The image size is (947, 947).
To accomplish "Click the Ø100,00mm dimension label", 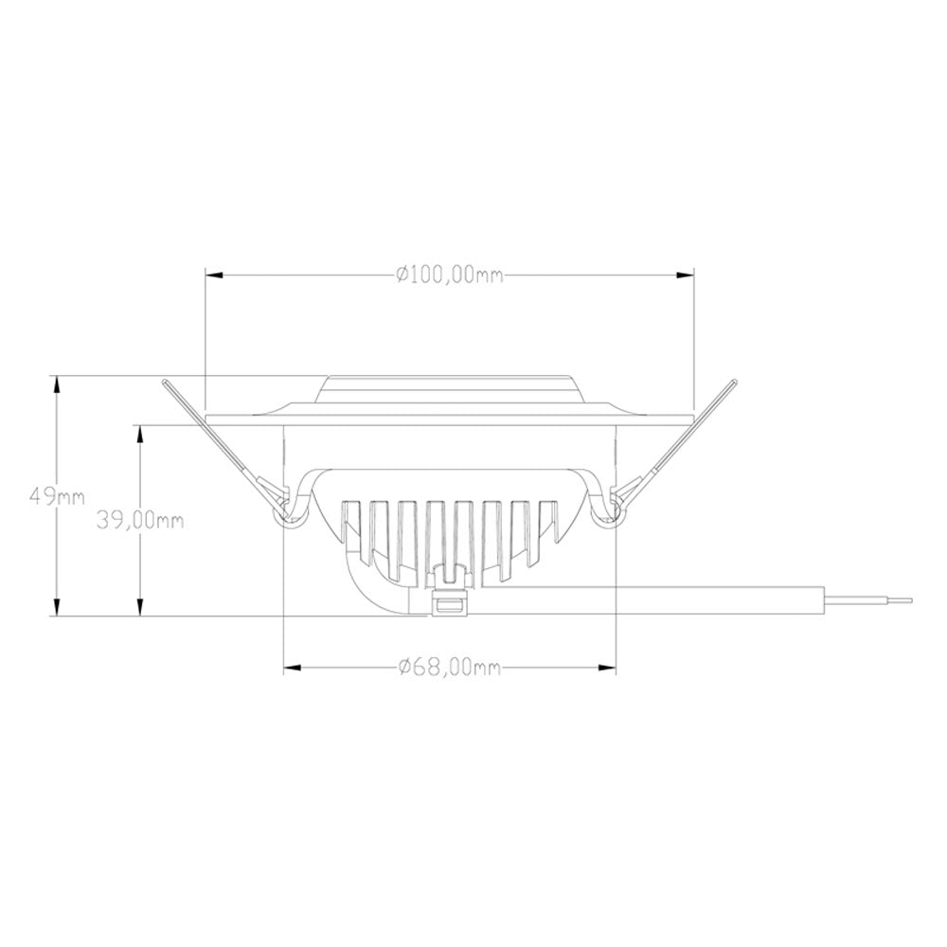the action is point(449,275).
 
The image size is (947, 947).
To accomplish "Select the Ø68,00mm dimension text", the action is point(450,668).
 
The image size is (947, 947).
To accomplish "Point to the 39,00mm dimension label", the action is point(140,520).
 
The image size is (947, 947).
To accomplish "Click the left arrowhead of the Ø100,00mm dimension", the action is point(214,276).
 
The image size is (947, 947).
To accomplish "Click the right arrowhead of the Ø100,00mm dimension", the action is point(685,276).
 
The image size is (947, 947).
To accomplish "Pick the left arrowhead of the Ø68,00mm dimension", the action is point(293,668).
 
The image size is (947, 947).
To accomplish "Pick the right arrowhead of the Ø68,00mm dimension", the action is point(607,668).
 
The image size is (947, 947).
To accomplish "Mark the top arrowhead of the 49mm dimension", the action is point(58,384).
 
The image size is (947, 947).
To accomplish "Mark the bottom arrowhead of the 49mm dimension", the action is point(58,607).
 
